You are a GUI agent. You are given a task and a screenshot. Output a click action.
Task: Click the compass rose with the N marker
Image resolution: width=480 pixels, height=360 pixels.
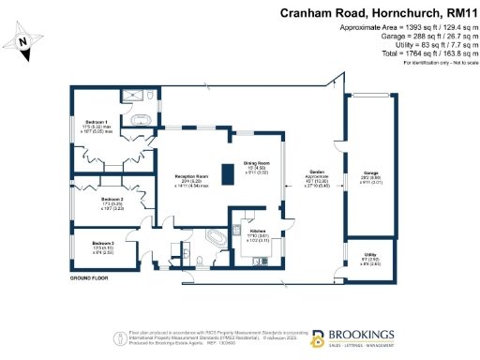coord(24,42)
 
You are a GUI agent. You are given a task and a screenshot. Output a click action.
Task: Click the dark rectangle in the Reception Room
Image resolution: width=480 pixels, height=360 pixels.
coord(226,175)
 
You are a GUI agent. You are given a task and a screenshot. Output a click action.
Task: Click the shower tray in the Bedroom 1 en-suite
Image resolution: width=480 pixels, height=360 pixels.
coord(141,95)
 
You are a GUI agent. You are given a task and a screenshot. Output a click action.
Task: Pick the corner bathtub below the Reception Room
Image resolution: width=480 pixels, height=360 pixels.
coord(214,236)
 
